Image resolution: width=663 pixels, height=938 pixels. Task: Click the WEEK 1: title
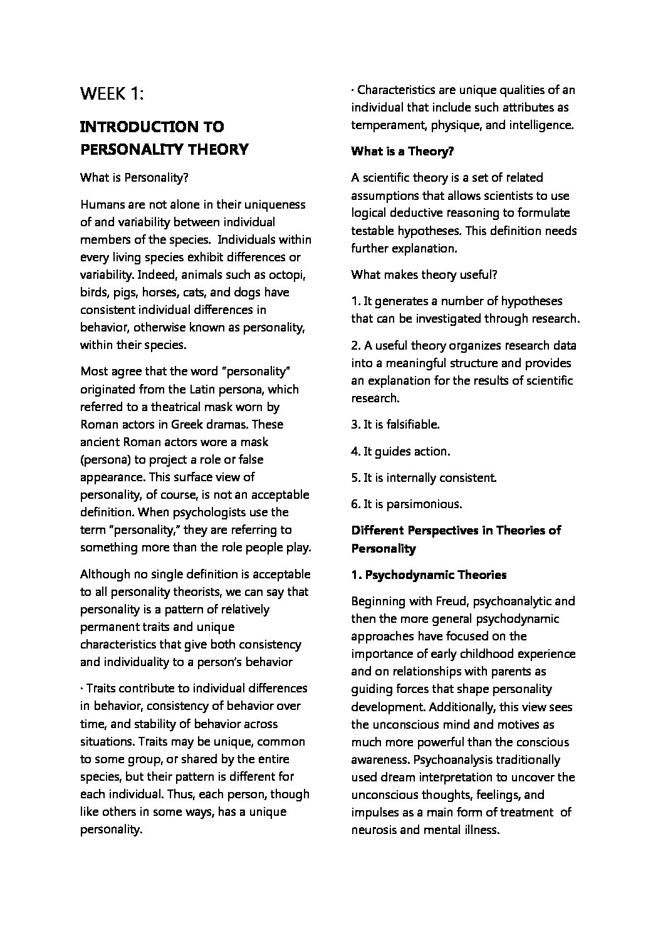point(112,94)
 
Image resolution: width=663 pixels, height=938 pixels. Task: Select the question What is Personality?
point(134,177)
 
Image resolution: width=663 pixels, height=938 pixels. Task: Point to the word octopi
point(288,274)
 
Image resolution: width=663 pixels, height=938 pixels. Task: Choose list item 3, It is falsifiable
point(395,424)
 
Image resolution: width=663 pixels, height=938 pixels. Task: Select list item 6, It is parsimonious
point(407,504)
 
